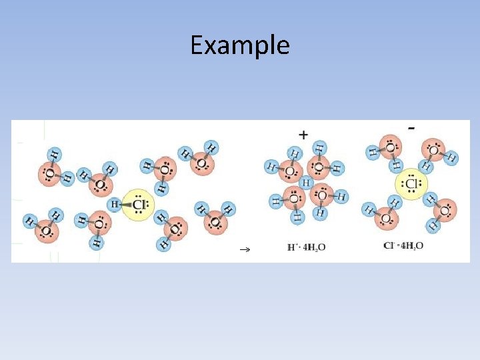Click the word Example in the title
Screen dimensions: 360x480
[239, 45]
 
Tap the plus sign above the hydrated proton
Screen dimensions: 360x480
[303, 134]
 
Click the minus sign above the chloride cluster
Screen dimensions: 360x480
[413, 127]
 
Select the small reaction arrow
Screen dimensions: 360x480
[244, 248]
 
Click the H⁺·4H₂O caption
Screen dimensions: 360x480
[306, 247]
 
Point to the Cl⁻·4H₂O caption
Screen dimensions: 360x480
[403, 246]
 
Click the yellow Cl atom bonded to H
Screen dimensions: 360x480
[139, 204]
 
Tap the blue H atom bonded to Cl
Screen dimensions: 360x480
[115, 204]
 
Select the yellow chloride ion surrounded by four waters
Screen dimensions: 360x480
[411, 185]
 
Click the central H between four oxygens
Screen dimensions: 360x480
[306, 182]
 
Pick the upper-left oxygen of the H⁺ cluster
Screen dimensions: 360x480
[290, 171]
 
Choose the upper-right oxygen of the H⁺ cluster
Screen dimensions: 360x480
[319, 167]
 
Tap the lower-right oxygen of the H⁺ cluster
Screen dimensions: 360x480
[321, 195]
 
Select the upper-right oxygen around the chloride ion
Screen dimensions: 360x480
[433, 151]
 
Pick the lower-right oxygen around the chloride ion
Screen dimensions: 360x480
[445, 211]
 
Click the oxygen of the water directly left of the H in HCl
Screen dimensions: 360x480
[98, 223]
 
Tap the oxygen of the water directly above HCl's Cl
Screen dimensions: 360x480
[164, 169]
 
